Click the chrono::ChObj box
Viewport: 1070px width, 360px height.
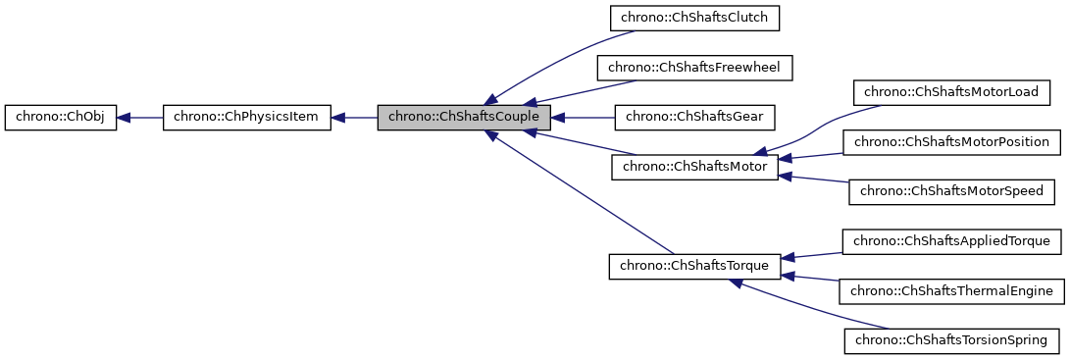[61, 118]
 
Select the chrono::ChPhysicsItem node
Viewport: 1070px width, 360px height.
[246, 118]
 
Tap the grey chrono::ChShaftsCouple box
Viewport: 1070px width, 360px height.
[457, 118]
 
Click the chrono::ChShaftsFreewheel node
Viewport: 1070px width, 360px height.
[694, 68]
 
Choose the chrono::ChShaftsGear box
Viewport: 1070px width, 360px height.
[694, 118]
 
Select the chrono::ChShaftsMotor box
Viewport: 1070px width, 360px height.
[694, 168]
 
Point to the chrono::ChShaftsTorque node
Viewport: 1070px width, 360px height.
[694, 267]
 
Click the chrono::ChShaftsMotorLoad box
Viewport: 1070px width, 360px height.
[952, 92]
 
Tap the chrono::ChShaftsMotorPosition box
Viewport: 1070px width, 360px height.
[952, 142]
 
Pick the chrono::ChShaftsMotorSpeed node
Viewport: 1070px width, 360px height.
[952, 192]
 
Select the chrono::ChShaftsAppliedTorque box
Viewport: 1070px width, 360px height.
[952, 241]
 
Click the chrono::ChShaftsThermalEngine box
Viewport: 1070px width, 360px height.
[952, 291]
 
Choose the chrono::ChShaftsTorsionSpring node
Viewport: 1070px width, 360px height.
[952, 341]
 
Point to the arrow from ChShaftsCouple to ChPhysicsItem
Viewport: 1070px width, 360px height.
[354, 118]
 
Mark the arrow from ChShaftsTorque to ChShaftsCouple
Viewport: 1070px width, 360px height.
[579, 196]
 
